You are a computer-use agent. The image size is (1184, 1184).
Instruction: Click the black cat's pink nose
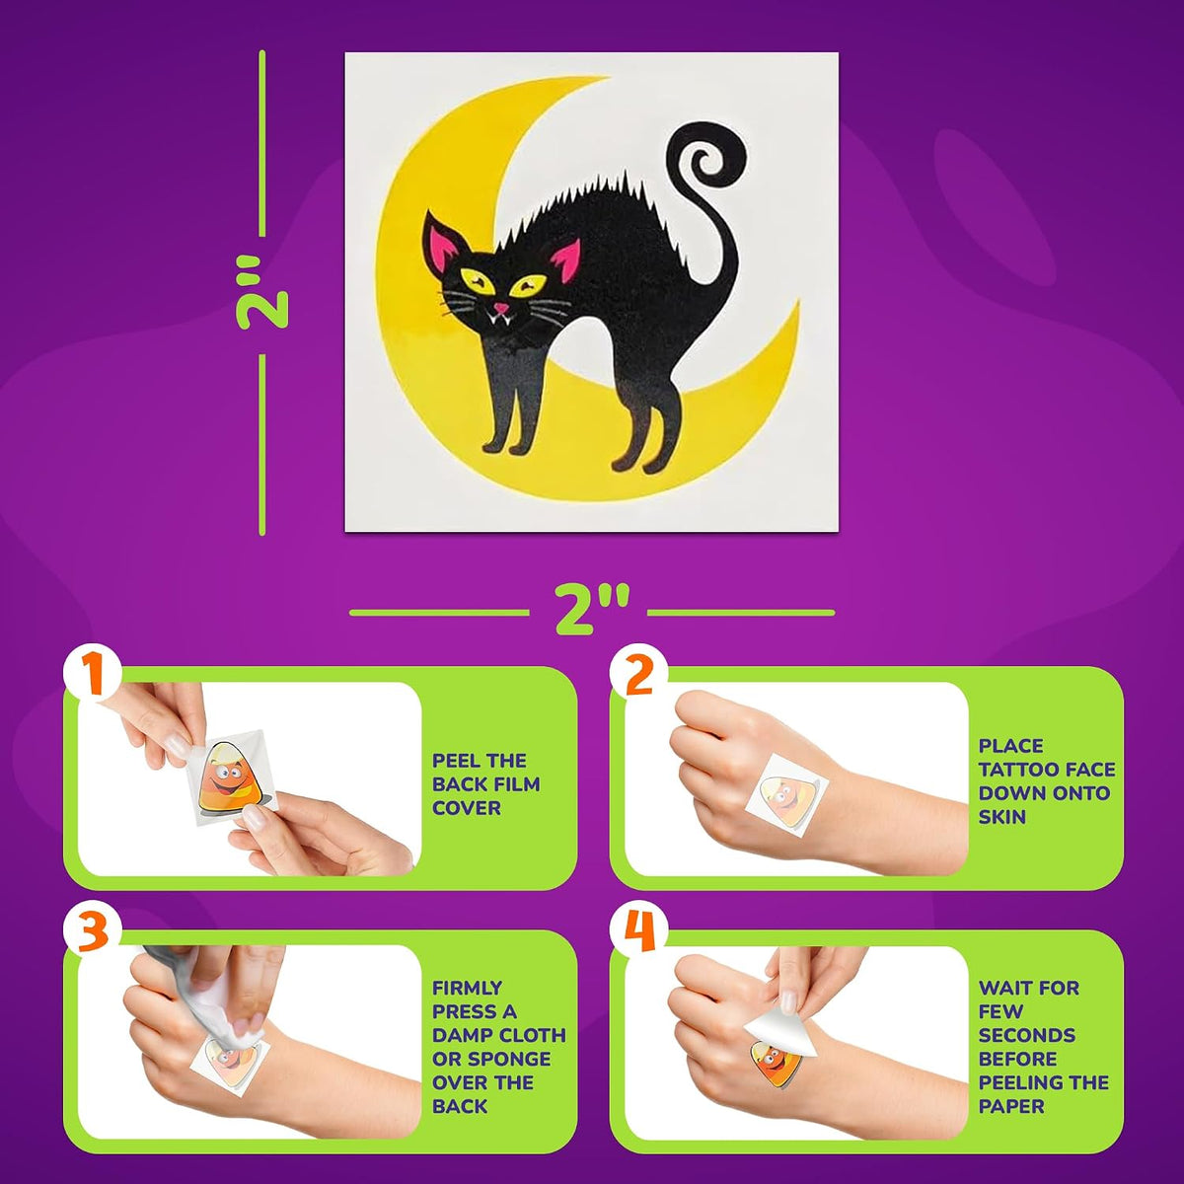(502, 307)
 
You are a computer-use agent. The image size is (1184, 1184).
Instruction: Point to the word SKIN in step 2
(1002, 817)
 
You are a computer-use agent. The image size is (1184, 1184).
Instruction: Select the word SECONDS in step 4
(1027, 1035)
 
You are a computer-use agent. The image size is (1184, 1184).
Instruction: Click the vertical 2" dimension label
(262, 294)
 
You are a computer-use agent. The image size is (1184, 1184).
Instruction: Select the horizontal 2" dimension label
(592, 611)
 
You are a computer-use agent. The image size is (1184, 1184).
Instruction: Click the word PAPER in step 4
(1010, 1106)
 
